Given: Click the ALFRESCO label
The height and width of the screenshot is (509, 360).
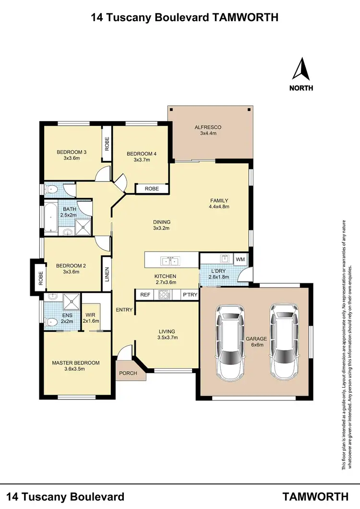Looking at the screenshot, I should [207, 127].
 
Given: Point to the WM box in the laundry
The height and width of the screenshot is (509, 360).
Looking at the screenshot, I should [240, 259].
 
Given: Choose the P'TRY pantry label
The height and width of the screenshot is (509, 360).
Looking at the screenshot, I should [190, 295].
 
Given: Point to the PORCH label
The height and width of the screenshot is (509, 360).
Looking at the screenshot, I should [128, 373].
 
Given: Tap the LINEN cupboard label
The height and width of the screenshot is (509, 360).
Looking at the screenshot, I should [107, 273].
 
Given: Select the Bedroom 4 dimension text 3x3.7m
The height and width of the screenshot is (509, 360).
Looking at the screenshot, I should [142, 160].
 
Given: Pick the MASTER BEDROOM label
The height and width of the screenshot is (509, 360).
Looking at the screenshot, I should [76, 363].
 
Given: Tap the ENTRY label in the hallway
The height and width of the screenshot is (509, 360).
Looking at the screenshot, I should [124, 310].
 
